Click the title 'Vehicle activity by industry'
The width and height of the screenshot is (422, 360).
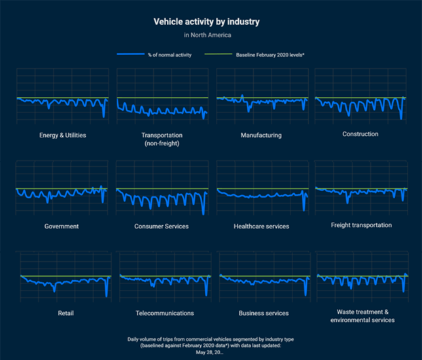pos(206,22)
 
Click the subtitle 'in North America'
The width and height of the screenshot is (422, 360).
pos(207,35)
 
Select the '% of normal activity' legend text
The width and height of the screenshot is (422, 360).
pos(169,55)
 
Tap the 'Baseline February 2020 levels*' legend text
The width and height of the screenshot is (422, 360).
pos(270,55)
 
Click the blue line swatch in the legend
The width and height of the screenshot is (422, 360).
pos(130,55)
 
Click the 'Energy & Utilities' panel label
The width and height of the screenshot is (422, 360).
pos(62,135)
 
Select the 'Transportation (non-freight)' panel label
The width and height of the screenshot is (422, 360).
pos(161,139)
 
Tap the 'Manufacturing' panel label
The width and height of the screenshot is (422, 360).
pos(260,135)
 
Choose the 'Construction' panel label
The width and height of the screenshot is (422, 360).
pos(360,134)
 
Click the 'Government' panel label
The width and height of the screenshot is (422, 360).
pos(62,226)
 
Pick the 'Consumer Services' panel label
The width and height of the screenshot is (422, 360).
pos(161,226)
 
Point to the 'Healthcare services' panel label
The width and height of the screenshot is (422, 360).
pos(261,226)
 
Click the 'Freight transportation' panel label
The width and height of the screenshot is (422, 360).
pos(361,225)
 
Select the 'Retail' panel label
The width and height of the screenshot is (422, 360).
pos(65,313)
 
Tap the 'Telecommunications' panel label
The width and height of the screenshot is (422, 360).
pos(164,313)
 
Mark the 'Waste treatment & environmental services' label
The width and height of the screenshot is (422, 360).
pos(362,316)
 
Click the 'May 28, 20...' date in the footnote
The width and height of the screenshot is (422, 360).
pos(209,352)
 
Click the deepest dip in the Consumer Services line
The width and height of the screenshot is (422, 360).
pos(203,213)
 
